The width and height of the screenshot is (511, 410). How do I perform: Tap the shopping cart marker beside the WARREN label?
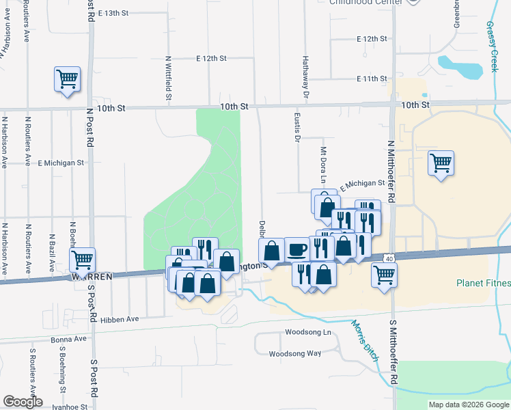[x=82, y=260]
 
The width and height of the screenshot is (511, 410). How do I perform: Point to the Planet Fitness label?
[x=483, y=283]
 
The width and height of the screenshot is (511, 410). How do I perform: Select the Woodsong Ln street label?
[x=307, y=332]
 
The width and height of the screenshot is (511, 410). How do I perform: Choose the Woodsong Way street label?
[x=295, y=353]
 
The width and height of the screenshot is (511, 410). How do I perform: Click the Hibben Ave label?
[x=120, y=318]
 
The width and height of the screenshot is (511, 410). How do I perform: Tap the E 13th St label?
[x=113, y=13]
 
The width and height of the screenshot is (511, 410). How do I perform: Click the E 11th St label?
[x=372, y=79]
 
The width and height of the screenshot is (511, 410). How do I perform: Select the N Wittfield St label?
[x=168, y=77]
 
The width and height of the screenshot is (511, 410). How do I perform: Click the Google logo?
[x=23, y=401]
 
